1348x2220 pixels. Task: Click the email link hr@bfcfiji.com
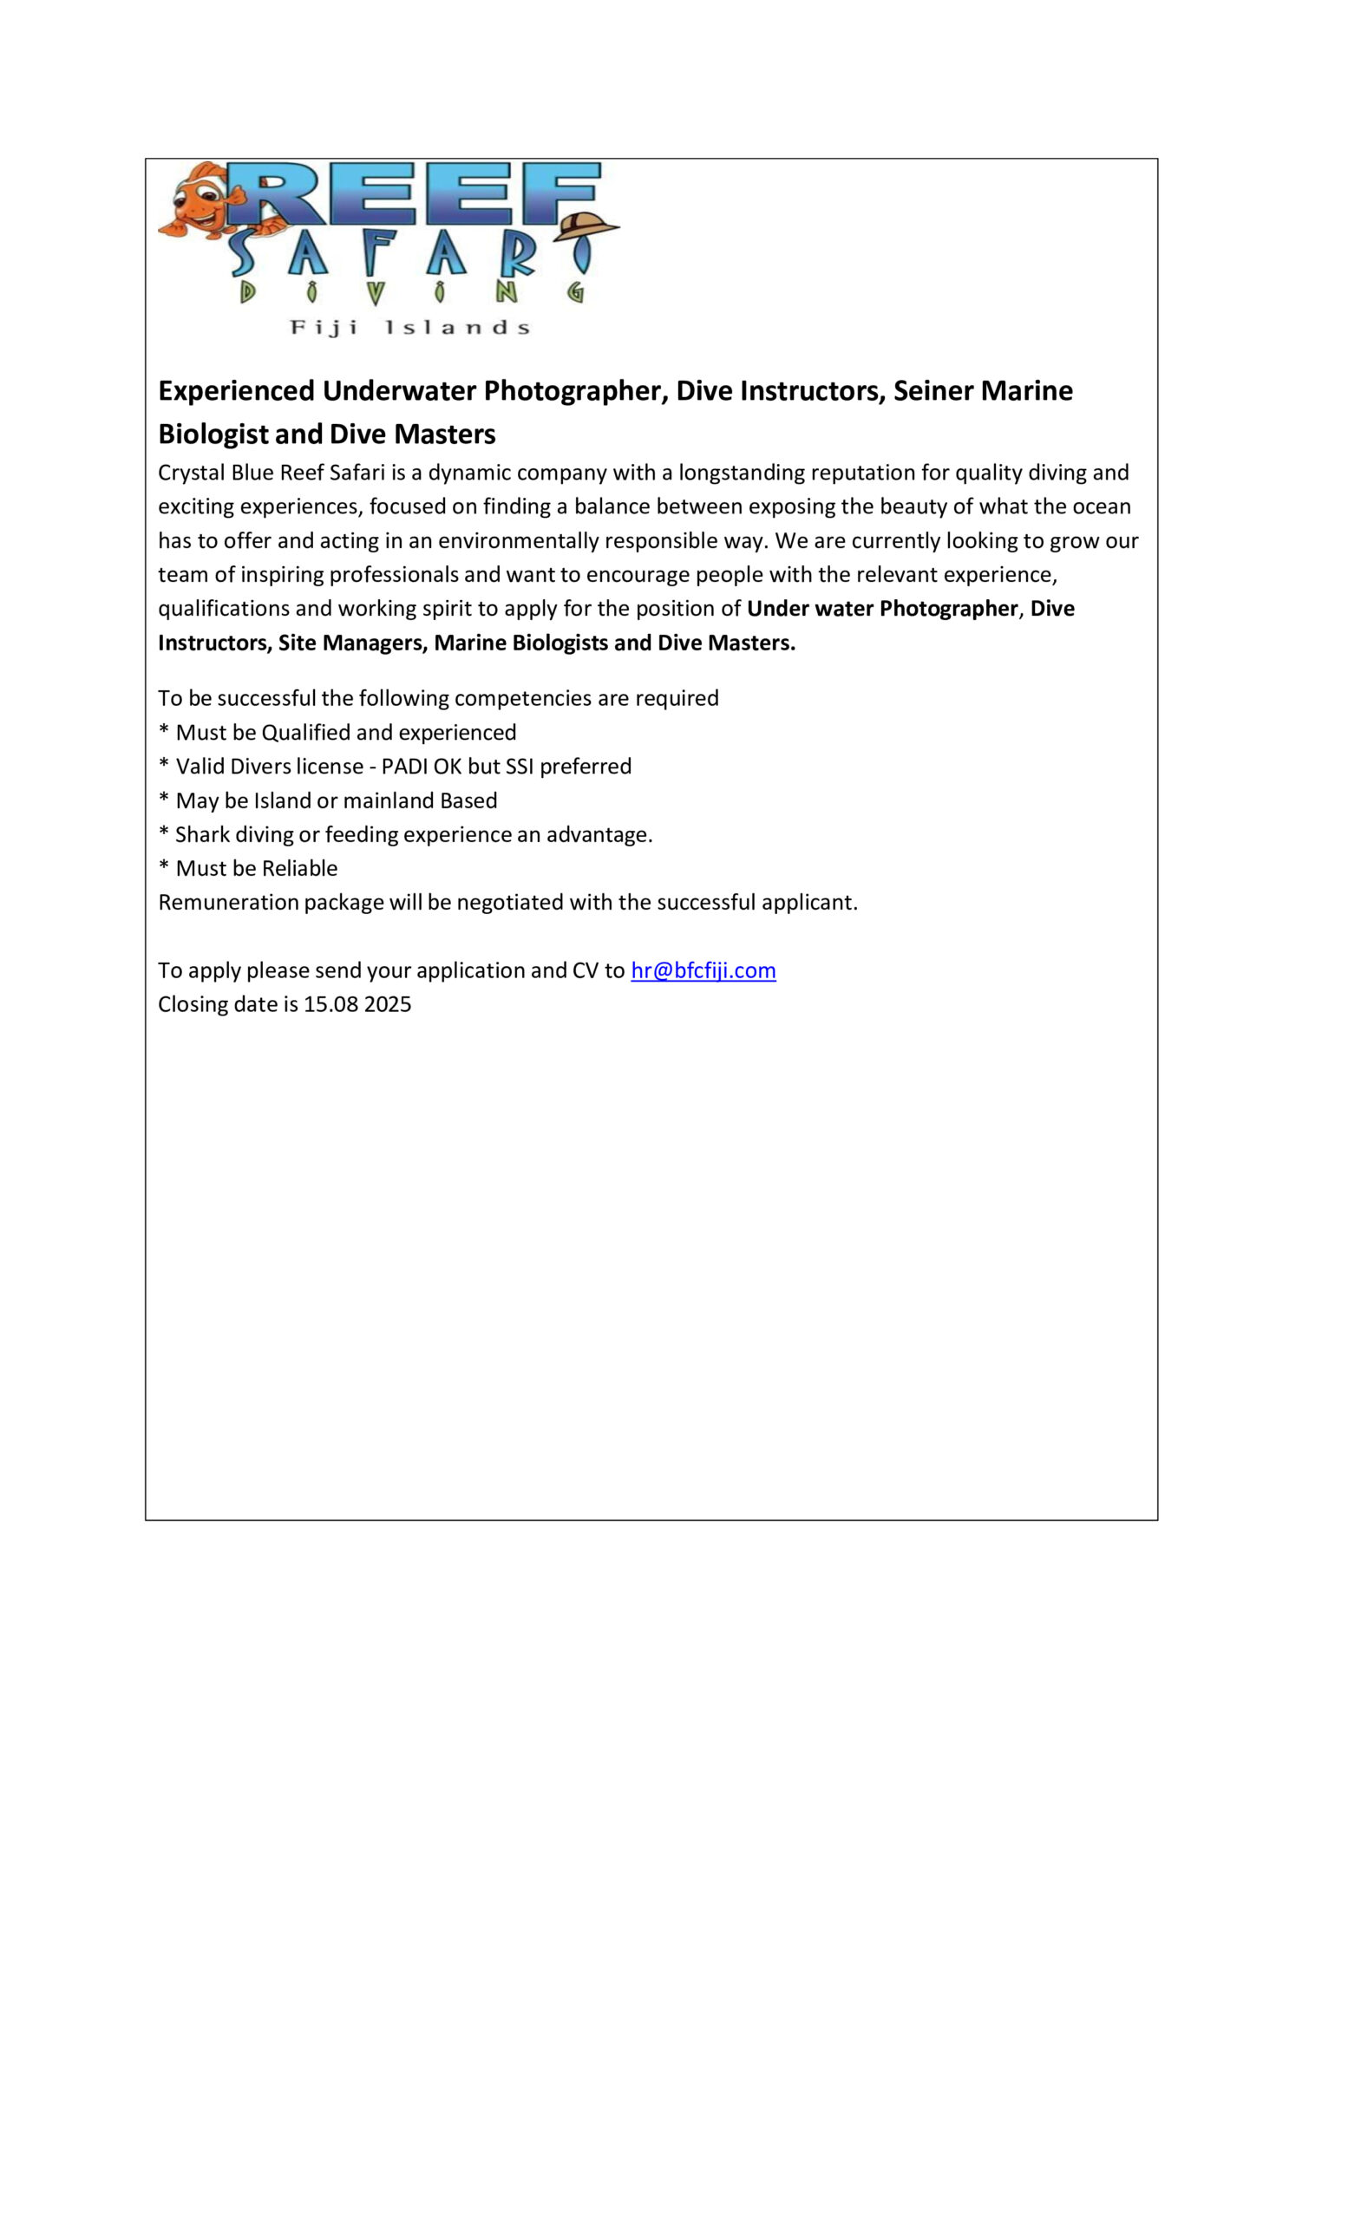point(703,970)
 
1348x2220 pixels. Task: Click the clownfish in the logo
point(203,200)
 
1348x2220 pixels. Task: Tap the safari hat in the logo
point(586,227)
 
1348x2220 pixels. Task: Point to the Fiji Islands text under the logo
point(410,327)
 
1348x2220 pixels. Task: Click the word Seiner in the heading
point(932,390)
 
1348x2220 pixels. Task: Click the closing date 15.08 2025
point(357,1004)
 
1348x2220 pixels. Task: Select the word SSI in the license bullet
point(519,767)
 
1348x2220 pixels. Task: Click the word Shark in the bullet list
point(202,835)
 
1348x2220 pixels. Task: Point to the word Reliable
point(300,869)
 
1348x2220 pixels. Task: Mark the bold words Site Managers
point(351,643)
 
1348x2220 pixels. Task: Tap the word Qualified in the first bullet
point(304,733)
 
